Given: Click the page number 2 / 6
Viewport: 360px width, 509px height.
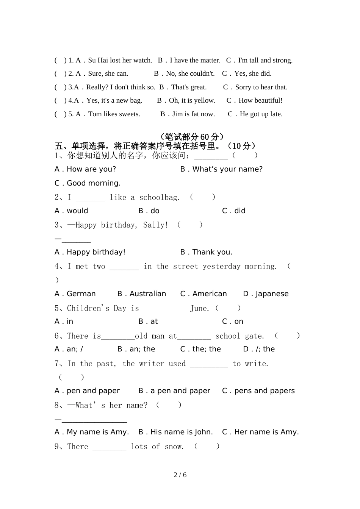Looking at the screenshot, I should [x=180, y=475].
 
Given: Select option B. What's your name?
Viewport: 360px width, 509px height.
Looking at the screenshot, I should [x=221, y=169].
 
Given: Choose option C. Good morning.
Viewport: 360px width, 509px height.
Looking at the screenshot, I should [x=88, y=183].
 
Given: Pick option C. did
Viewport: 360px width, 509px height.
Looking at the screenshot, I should [x=233, y=211].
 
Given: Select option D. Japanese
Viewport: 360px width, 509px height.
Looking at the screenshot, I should [x=266, y=294].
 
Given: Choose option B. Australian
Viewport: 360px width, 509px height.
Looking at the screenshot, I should [x=142, y=294].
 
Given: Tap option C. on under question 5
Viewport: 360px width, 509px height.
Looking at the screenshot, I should [x=233, y=322].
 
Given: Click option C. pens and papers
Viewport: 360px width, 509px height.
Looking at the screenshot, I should [x=258, y=391].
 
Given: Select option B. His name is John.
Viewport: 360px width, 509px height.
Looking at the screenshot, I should [x=175, y=432].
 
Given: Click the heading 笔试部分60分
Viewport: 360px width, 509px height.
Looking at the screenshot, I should [x=192, y=137].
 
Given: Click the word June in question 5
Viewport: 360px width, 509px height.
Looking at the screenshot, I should [x=199, y=308].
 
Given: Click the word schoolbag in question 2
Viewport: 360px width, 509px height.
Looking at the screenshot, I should [x=159, y=197].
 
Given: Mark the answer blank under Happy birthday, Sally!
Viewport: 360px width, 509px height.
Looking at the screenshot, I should [x=76, y=240].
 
